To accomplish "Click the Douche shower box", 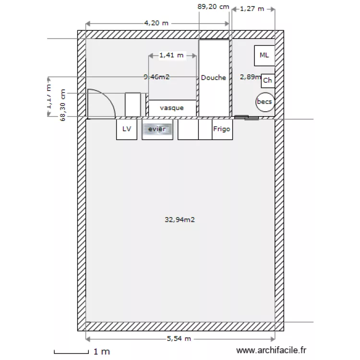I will pos(214,78).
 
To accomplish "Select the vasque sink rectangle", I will pos(172,108).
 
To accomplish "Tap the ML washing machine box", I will pos(264,55).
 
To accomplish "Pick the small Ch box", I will pos(268,81).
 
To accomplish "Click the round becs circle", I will pos(264,102).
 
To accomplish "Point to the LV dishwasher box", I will pos(127,129).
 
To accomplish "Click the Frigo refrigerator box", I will pos(222,129).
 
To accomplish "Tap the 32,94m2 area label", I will pos(180,220).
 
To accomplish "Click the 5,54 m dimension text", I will pos(179,339).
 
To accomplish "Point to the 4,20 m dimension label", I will pos(156,23).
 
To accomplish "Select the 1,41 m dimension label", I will pos(171,55).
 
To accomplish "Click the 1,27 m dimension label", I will pos(252,8).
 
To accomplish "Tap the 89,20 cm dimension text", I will pos(213,7).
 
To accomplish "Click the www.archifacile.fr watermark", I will pos(271,351).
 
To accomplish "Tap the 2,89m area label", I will pos(250,76).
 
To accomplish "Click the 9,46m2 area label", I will pos(156,76).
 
